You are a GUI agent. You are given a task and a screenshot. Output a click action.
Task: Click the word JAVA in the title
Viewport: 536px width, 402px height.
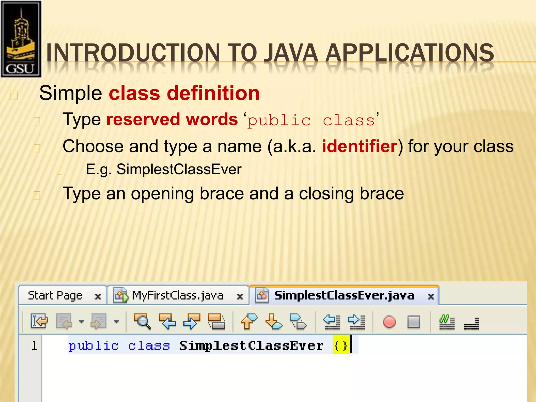click(291, 53)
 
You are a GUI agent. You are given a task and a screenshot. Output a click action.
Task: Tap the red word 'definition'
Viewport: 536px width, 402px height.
click(213, 93)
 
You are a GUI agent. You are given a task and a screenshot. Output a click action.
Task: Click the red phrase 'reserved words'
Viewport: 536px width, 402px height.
click(172, 120)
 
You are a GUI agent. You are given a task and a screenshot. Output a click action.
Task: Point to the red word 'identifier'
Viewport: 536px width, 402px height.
click(360, 146)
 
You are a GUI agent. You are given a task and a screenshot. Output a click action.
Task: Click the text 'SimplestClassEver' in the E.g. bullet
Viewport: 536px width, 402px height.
click(179, 169)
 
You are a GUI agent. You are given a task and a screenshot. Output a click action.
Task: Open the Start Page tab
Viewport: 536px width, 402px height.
click(55, 296)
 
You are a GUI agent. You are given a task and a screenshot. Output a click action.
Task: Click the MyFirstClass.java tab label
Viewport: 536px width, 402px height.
click(178, 296)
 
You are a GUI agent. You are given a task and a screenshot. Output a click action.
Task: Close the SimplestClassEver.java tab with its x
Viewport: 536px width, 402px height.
click(431, 297)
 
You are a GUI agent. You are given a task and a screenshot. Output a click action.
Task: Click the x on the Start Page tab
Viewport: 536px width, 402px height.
click(98, 297)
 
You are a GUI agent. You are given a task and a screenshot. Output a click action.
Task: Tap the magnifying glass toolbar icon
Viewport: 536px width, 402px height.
click(142, 321)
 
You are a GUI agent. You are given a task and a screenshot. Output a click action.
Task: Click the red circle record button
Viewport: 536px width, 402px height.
click(389, 322)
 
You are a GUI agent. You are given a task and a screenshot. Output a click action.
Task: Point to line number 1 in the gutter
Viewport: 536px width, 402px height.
click(34, 345)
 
